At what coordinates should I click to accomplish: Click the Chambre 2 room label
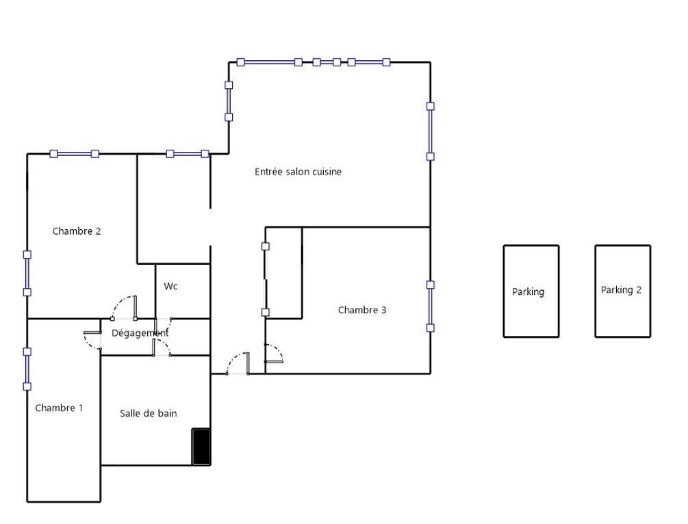click(77, 231)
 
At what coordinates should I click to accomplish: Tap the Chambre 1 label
click(59, 408)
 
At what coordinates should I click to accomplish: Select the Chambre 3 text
click(362, 310)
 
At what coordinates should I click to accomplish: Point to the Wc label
click(170, 287)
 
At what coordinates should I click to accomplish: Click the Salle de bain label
click(149, 413)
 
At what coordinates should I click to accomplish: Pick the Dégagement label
click(140, 333)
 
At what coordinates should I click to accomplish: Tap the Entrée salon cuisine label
click(298, 172)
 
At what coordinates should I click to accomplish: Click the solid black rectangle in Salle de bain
click(201, 447)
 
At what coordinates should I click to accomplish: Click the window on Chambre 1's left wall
click(27, 369)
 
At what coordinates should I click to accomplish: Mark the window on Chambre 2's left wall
click(27, 273)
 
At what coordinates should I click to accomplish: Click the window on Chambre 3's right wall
click(431, 306)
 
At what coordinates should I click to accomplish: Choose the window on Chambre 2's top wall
click(74, 154)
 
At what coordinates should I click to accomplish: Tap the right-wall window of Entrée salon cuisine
click(431, 131)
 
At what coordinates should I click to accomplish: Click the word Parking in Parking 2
click(617, 290)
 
